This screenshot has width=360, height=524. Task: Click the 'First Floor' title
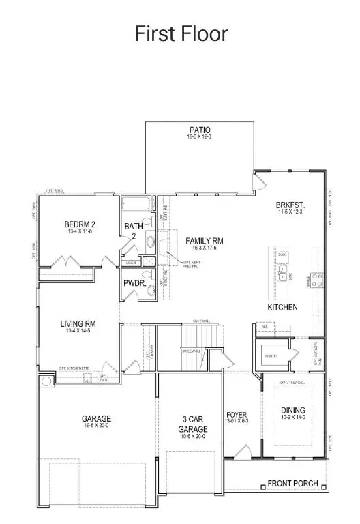click(x=181, y=33)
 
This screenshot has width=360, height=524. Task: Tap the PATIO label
click(x=200, y=130)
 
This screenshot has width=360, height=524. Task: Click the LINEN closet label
click(x=130, y=262)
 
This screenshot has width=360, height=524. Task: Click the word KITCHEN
click(x=282, y=308)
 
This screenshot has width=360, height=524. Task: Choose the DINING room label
click(x=293, y=410)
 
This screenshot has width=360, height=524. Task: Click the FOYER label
click(x=237, y=415)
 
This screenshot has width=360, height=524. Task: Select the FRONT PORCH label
click(x=292, y=484)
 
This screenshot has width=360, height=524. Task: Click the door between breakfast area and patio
click(x=260, y=180)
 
